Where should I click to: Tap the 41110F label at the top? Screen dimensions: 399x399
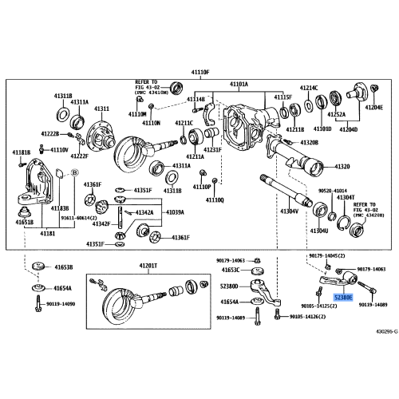199,73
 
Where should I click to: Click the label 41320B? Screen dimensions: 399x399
309,141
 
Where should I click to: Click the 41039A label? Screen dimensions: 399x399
175,213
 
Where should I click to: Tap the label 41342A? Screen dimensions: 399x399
144,213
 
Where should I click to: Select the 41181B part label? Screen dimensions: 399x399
22,152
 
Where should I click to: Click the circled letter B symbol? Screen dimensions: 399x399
73,172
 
